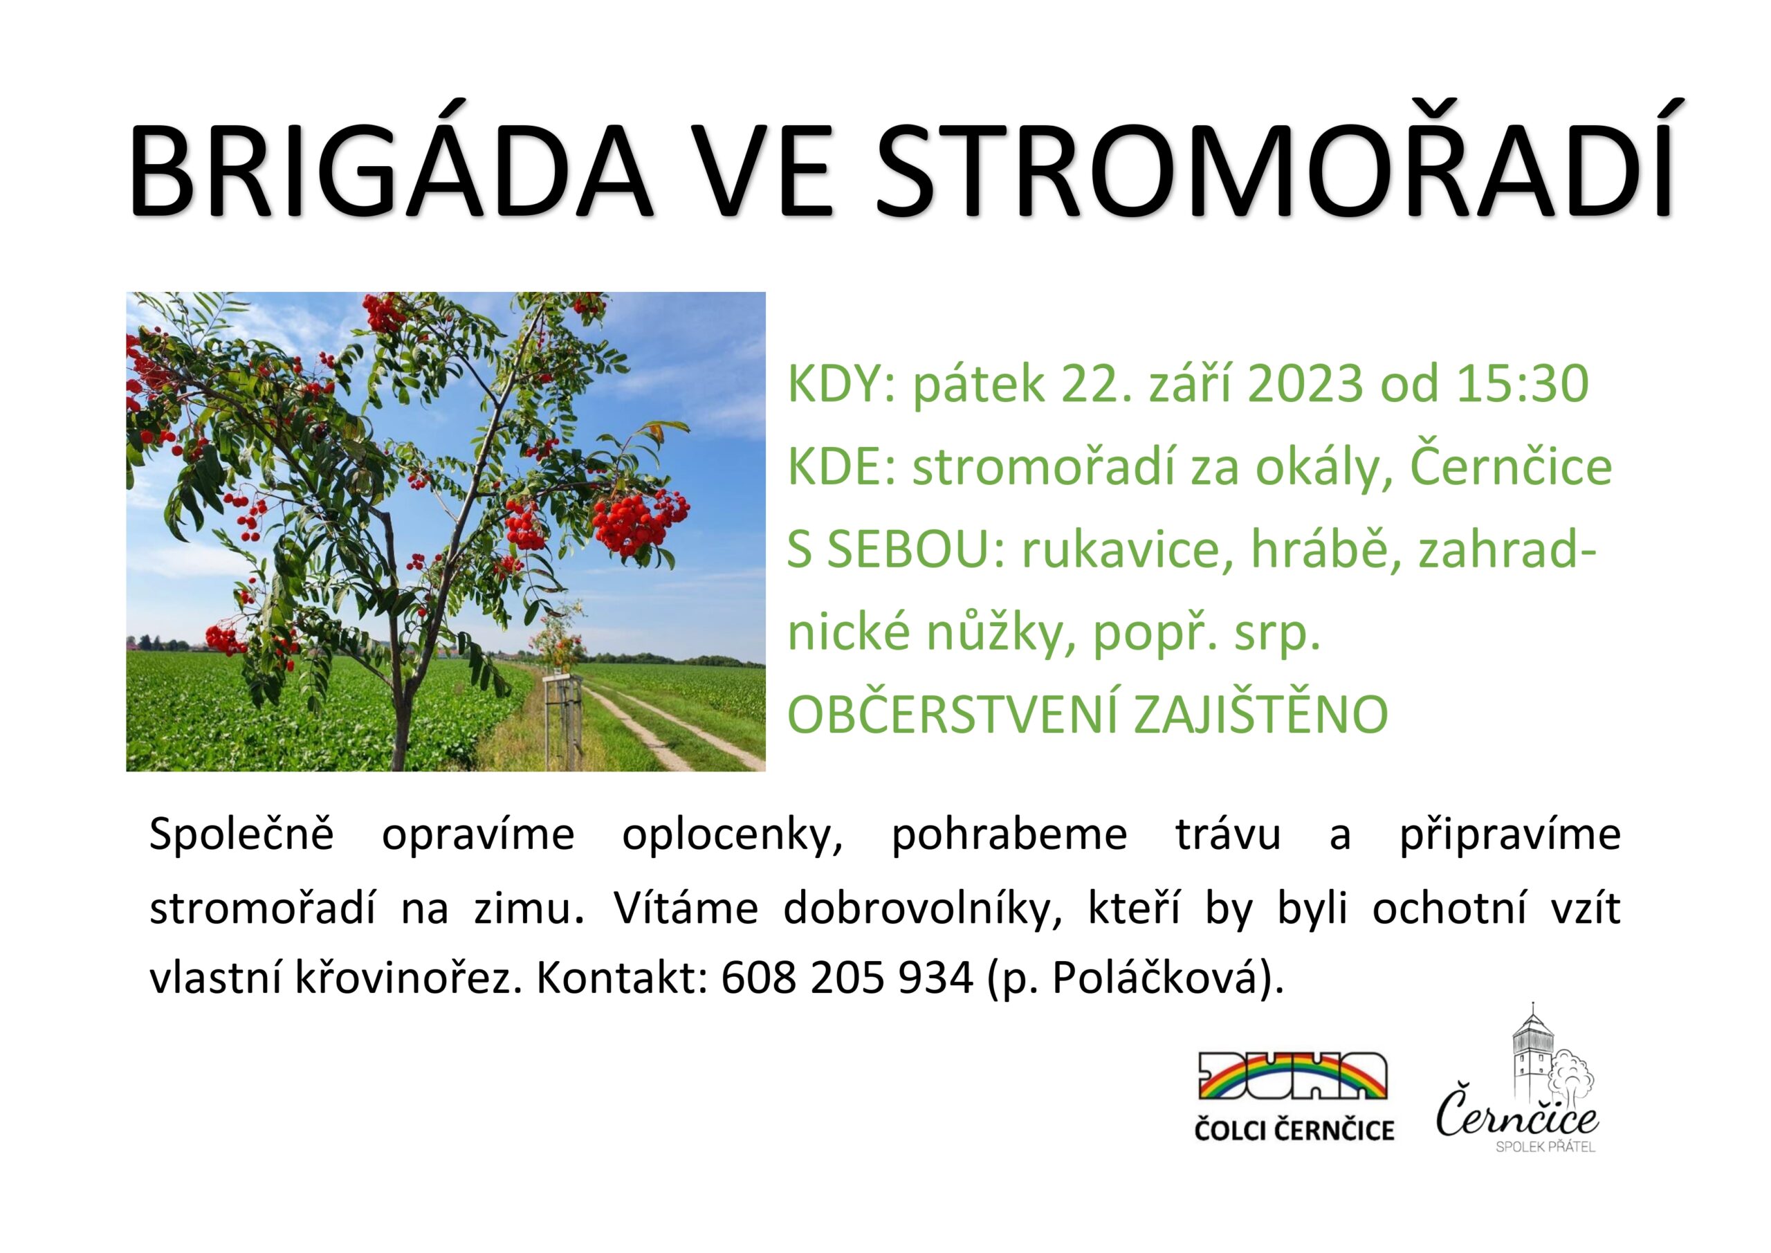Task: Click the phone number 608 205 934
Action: coord(847,979)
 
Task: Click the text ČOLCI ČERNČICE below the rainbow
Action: coord(1294,1131)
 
